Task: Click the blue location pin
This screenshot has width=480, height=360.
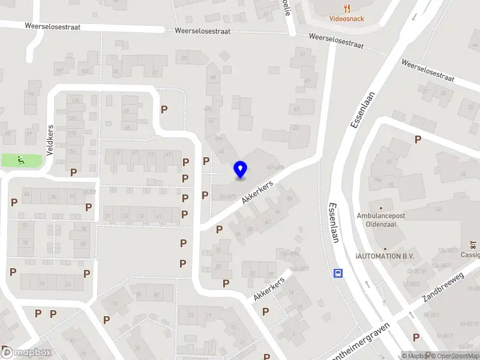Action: pyautogui.click(x=241, y=170)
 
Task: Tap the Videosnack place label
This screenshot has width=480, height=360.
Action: pyautogui.click(x=347, y=19)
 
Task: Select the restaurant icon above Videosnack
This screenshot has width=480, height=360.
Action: pyautogui.click(x=347, y=8)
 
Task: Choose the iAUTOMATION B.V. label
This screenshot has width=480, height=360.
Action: pyautogui.click(x=385, y=256)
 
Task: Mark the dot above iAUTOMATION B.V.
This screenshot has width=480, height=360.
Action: pyautogui.click(x=385, y=247)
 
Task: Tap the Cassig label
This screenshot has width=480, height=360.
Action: pyautogui.click(x=470, y=254)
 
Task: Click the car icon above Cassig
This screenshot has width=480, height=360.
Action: pyautogui.click(x=473, y=245)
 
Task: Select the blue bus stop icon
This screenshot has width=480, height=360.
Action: pyautogui.click(x=338, y=273)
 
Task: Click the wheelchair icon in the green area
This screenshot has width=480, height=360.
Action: pyautogui.click(x=21, y=160)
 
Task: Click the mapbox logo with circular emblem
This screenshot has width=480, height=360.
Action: pyautogui.click(x=27, y=353)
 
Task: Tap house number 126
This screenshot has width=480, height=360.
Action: pyautogui.click(x=76, y=100)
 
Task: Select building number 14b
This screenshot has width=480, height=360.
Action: pyautogui.click(x=438, y=209)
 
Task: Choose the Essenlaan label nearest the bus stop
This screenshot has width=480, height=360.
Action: pyautogui.click(x=334, y=222)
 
